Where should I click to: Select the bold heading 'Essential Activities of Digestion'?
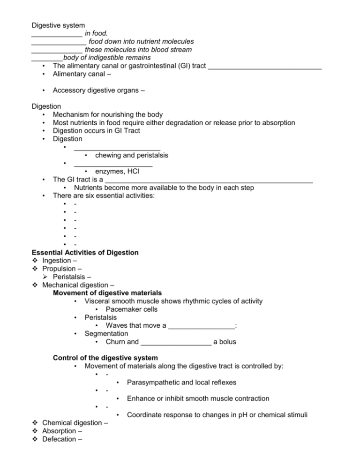coord(85,252)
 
